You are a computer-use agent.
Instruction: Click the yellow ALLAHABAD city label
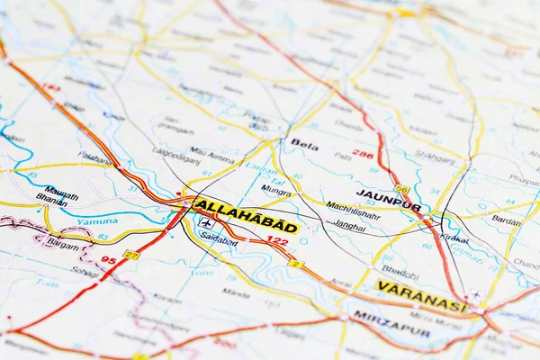(x=246, y=217)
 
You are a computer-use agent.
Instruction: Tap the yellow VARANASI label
(x=421, y=296)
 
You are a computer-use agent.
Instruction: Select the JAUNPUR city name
(x=388, y=200)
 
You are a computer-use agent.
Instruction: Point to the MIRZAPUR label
(x=391, y=322)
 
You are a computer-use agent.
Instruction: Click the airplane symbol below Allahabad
(x=207, y=223)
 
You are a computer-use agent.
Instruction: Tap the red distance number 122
(x=277, y=241)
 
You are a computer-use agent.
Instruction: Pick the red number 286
(x=363, y=154)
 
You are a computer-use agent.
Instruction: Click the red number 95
(x=109, y=260)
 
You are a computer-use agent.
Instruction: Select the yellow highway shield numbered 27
(x=131, y=256)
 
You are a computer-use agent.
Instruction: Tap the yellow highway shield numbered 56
(x=401, y=190)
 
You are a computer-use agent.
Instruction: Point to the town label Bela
(x=304, y=143)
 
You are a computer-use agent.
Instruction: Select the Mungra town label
(x=276, y=190)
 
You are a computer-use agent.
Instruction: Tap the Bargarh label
(x=62, y=243)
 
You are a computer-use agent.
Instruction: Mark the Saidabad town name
(x=219, y=241)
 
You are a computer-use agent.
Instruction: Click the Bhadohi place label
(x=400, y=269)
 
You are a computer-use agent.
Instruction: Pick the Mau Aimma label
(x=212, y=155)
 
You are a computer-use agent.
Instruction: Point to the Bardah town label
(x=507, y=220)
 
